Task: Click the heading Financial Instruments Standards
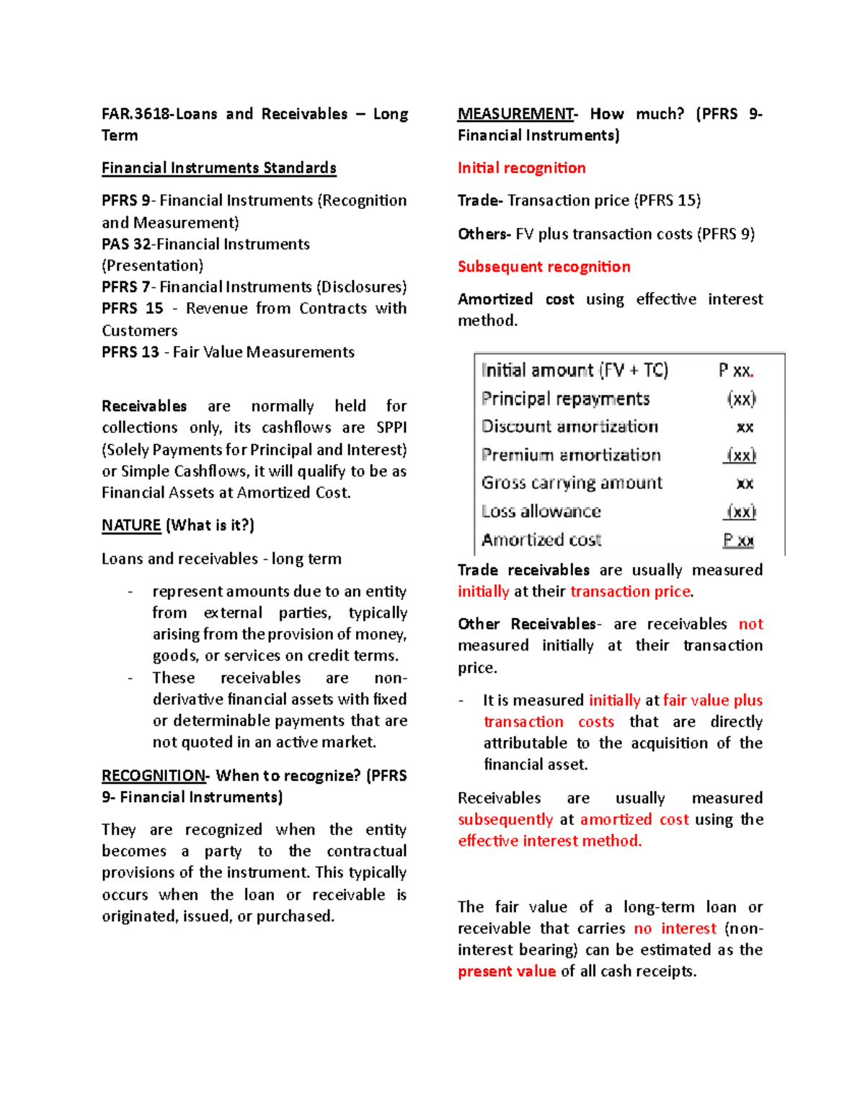pyautogui.click(x=218, y=168)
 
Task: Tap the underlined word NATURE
pyautogui.click(x=131, y=525)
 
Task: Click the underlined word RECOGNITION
pyautogui.click(x=154, y=775)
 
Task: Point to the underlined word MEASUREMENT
pyautogui.click(x=516, y=114)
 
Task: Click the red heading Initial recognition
pyautogui.click(x=521, y=168)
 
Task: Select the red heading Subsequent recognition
pyautogui.click(x=544, y=267)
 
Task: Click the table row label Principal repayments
pyautogui.click(x=565, y=399)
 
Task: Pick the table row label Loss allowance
pyautogui.click(x=541, y=511)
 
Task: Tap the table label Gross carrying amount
pyautogui.click(x=572, y=483)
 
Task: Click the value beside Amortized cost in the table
pyautogui.click(x=738, y=540)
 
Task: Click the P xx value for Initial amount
pyautogui.click(x=735, y=371)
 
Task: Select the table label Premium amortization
pyautogui.click(x=571, y=455)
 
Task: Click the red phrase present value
pyautogui.click(x=506, y=971)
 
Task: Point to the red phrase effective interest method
pyautogui.click(x=549, y=841)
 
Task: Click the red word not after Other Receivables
pyautogui.click(x=750, y=624)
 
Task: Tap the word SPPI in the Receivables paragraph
pyautogui.click(x=391, y=428)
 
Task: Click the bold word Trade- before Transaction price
pyautogui.click(x=480, y=200)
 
